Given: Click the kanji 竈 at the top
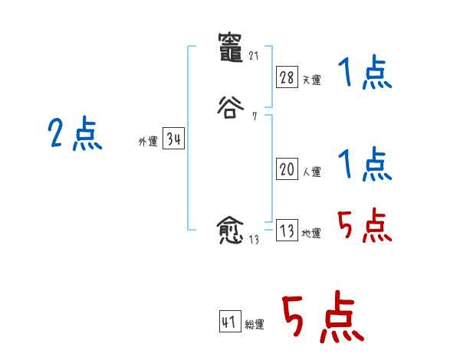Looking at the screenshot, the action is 230,47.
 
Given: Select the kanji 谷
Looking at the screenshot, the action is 230,106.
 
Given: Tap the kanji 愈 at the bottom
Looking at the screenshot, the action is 230,231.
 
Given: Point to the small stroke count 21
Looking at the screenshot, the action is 255,56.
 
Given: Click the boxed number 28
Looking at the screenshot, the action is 287,77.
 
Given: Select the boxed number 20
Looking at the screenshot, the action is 287,170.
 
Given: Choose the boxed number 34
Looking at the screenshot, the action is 173,139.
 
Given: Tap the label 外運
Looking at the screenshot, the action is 147,142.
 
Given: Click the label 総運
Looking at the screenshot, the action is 255,325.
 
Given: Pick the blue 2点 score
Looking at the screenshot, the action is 74,135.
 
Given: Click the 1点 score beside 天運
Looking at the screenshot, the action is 364,74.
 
